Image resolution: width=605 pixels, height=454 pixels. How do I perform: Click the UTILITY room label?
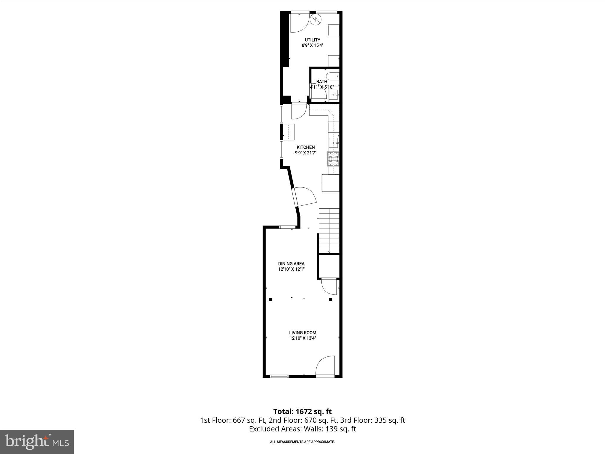pos(313,40)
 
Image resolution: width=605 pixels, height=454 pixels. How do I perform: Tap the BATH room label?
pos(322,82)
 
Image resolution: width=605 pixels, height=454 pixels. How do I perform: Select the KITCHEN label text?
pos(305,147)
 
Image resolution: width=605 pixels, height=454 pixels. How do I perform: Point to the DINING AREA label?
pos(291,264)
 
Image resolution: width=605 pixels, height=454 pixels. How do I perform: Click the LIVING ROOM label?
pos(302,333)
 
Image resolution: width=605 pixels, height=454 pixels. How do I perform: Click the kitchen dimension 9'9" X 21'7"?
pos(305,153)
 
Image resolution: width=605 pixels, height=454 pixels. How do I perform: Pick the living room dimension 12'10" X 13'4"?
pos(302,338)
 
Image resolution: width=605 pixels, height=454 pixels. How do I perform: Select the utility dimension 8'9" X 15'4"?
pos(313,46)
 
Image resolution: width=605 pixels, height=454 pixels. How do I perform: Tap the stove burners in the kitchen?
pos(333,158)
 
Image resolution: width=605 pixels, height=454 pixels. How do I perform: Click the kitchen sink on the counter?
pos(334,142)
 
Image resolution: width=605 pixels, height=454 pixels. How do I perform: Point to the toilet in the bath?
pos(333,76)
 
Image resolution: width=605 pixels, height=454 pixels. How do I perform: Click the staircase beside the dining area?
pos(329,231)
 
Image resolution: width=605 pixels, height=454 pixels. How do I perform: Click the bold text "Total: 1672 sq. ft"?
pos(302,411)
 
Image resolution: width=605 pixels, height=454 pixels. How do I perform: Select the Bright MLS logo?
pos(37,442)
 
